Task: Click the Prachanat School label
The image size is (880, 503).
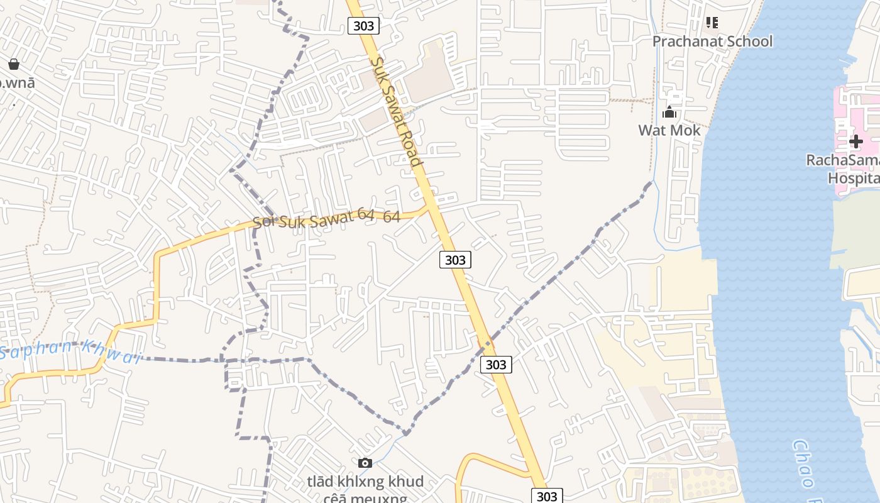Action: (712, 41)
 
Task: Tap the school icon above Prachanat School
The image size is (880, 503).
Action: (712, 23)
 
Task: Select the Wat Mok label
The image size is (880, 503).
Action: (669, 130)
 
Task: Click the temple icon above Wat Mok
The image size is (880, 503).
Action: (669, 113)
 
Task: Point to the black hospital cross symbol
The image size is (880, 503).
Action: (855, 141)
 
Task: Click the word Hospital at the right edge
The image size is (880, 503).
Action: (853, 178)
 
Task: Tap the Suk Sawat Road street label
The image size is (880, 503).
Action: (395, 111)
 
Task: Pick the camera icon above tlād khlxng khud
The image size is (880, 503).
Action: (365, 463)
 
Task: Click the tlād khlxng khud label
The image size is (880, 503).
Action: (365, 482)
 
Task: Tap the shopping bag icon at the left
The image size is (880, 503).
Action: (14, 64)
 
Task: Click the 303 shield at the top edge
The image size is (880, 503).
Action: (363, 26)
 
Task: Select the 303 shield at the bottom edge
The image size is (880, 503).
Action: (547, 495)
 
